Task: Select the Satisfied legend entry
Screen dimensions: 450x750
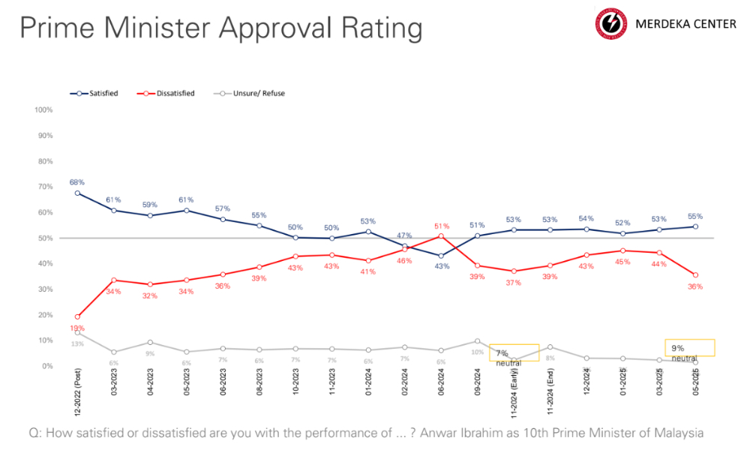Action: (97, 94)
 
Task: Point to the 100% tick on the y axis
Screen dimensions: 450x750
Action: (43, 110)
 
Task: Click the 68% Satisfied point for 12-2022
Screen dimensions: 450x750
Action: (77, 193)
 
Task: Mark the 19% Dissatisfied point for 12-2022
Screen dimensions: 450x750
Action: (77, 316)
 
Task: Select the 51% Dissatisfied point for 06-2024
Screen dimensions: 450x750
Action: (441, 235)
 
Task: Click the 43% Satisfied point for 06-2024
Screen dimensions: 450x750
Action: (441, 256)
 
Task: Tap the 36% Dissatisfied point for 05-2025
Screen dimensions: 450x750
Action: (696, 274)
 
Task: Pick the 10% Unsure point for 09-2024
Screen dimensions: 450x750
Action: (477, 340)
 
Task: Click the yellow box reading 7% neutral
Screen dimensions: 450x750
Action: (514, 352)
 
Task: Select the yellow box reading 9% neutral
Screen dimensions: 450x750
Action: (689, 347)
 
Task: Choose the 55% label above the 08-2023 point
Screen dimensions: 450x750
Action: (259, 214)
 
